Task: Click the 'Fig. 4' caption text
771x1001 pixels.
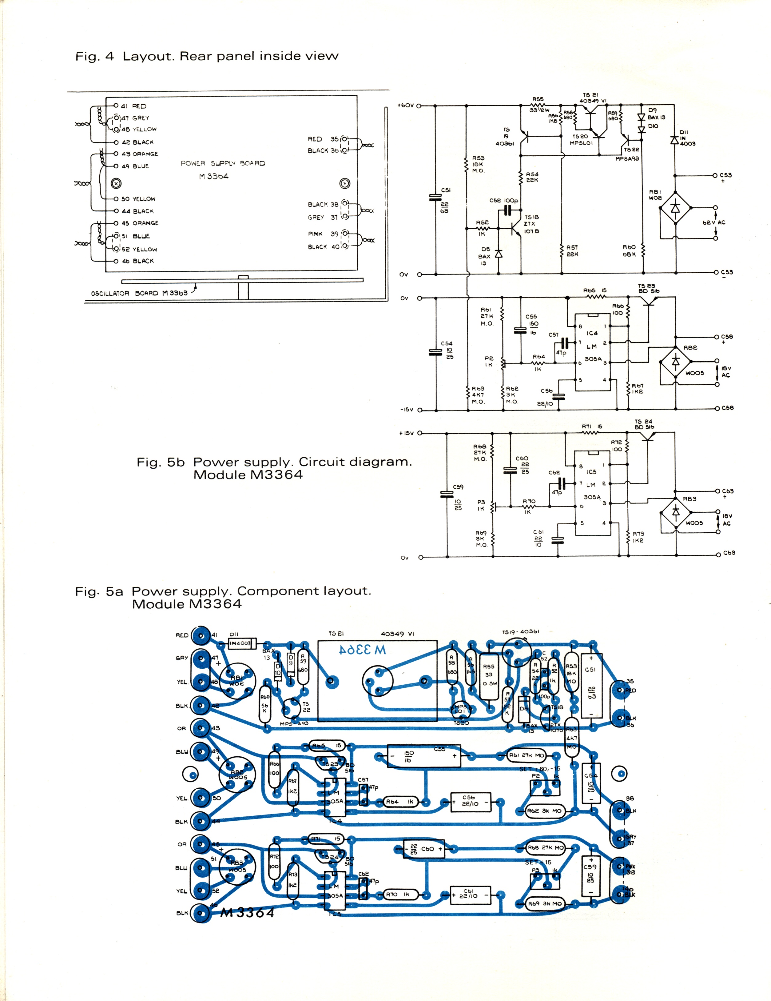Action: click(x=94, y=56)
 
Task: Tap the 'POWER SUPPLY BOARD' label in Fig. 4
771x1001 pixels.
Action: click(x=223, y=163)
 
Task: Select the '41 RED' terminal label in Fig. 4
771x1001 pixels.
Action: click(x=133, y=106)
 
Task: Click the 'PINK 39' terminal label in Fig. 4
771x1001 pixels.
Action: click(x=323, y=234)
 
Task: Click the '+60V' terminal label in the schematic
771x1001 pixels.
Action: click(x=406, y=106)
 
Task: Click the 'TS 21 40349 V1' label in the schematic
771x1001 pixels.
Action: click(x=593, y=98)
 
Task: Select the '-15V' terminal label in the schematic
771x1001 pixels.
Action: click(x=407, y=409)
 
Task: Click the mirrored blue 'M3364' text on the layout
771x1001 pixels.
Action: click(x=362, y=650)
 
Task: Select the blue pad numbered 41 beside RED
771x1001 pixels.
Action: click(x=201, y=635)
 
